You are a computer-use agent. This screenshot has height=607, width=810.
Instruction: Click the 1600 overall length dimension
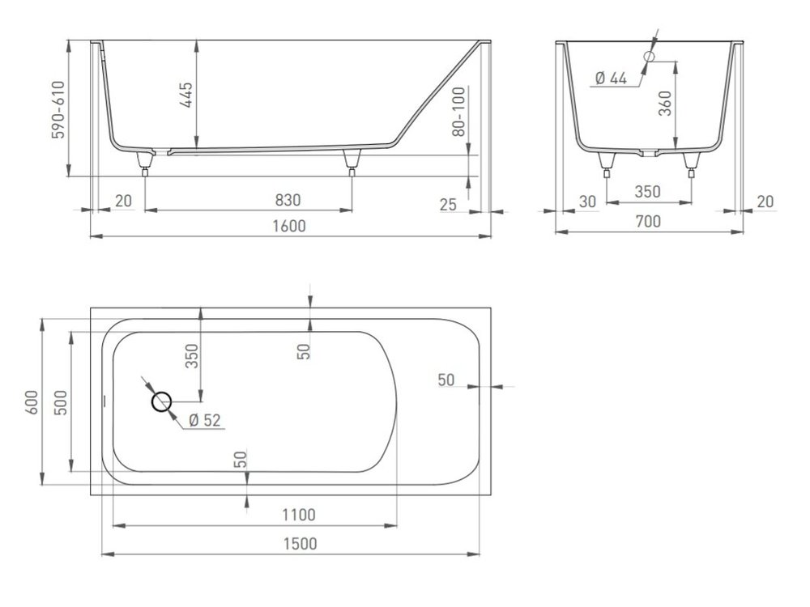[290, 226]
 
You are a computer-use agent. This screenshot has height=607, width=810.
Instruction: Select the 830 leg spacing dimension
[288, 200]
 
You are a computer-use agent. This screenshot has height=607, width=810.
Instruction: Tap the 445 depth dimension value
[186, 95]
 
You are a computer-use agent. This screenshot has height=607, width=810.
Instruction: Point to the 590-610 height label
[58, 109]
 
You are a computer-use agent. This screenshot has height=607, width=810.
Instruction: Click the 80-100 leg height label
[458, 112]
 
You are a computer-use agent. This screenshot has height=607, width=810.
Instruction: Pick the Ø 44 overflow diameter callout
[611, 79]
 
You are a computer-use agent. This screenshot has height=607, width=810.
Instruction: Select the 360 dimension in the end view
[666, 104]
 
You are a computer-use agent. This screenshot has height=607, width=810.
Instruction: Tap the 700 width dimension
[648, 222]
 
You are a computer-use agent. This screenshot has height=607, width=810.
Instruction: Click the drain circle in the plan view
[161, 401]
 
